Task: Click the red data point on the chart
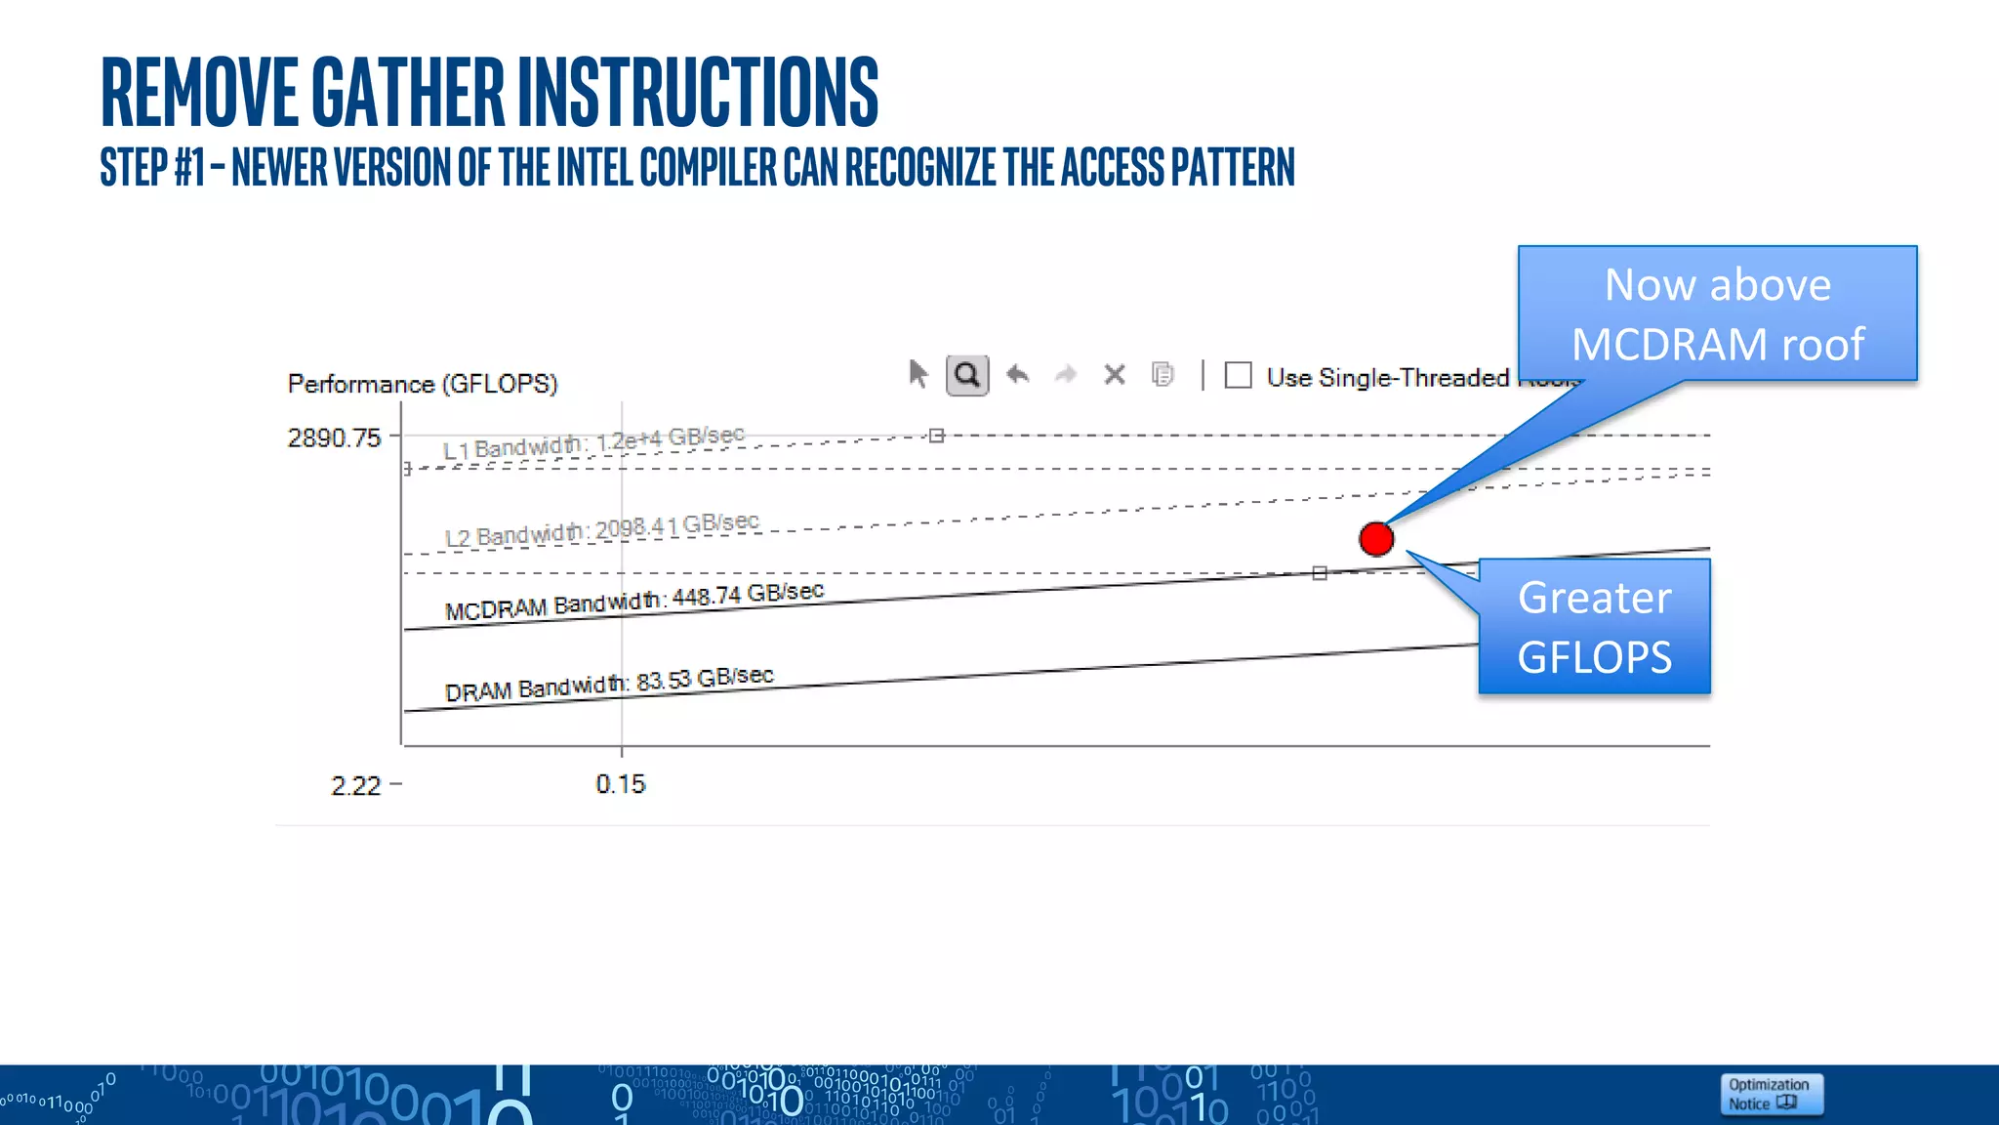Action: pos(1376,538)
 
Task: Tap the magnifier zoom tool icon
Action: pos(967,375)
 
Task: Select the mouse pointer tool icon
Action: pos(918,374)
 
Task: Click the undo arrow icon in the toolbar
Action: pos(1018,374)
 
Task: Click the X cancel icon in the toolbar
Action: pos(1115,375)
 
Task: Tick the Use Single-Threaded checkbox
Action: pos(1239,376)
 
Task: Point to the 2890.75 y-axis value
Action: pos(334,437)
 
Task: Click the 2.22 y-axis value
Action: pos(355,786)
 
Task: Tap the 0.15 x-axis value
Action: pos(621,784)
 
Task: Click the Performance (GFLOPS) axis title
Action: pos(422,384)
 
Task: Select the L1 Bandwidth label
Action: pos(593,442)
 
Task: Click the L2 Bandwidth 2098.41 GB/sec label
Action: pos(601,530)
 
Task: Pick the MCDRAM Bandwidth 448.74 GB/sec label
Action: pos(634,601)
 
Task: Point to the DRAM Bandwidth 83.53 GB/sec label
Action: pos(609,684)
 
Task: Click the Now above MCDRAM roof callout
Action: pos(1717,313)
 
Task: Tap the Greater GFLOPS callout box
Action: pos(1594,627)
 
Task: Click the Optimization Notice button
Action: pos(1770,1094)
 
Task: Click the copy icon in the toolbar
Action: pos(1163,374)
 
